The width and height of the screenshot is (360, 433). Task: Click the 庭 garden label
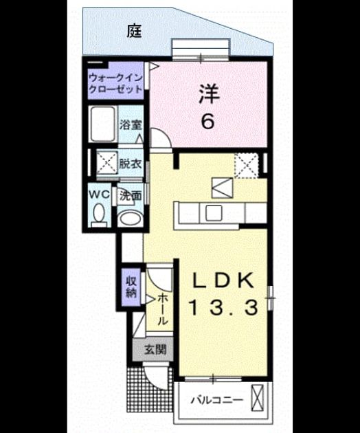(x=135, y=31)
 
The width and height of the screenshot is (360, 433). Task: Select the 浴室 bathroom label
(x=131, y=125)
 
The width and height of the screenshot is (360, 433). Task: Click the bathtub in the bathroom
(x=103, y=124)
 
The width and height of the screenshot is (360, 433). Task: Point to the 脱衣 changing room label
(x=131, y=164)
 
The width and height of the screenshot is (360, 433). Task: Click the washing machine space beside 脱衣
(x=106, y=162)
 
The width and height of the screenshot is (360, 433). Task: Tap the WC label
(x=100, y=195)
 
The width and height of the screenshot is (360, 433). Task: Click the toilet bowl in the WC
(x=98, y=214)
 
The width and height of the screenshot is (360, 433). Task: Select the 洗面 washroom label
(x=131, y=195)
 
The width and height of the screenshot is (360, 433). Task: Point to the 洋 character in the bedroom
(x=209, y=94)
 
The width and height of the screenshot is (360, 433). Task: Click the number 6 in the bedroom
(x=207, y=122)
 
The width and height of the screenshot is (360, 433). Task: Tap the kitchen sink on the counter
(x=214, y=213)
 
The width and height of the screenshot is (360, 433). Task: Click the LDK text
(x=223, y=280)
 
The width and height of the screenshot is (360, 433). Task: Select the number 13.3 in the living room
(x=223, y=307)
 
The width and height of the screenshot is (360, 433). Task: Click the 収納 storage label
(x=131, y=287)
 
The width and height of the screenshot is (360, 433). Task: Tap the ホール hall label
(x=162, y=309)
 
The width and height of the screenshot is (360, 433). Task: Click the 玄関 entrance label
(x=155, y=350)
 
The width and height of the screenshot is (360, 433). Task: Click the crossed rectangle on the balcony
(x=258, y=398)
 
